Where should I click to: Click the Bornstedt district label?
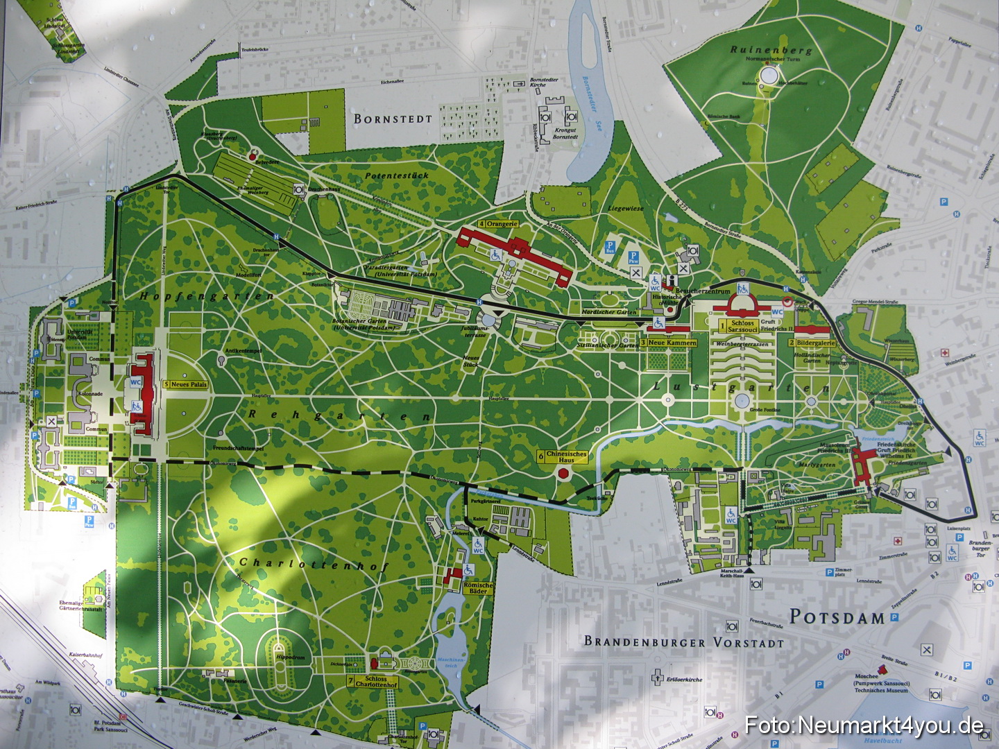point(393,119)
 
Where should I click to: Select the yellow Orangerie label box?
point(498,224)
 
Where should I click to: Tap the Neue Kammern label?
point(668,343)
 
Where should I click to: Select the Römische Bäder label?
point(478,588)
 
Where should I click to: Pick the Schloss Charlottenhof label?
point(371,682)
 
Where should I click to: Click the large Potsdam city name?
point(837,617)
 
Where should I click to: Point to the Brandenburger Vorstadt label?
point(683,642)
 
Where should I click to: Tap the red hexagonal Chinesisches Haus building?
point(563,474)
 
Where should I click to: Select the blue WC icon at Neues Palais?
point(135,383)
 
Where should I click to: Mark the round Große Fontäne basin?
point(742,401)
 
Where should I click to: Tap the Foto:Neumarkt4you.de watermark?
point(864,726)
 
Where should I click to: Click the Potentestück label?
point(396,175)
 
